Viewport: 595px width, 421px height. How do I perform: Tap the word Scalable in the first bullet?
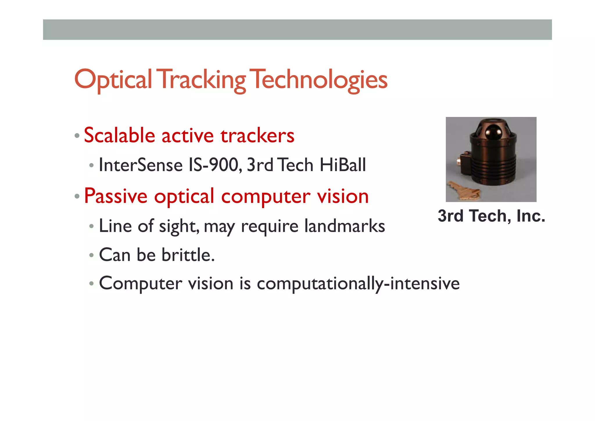coord(119,136)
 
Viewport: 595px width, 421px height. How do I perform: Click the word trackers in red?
coord(257,136)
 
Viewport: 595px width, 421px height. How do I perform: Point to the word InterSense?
coord(141,165)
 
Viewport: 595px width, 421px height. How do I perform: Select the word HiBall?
coord(343,165)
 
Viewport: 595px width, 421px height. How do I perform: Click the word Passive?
coord(116,196)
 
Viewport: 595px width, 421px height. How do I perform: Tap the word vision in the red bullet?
coord(343,196)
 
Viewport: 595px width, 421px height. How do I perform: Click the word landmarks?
coord(345,226)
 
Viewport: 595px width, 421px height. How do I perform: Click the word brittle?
coord(188,255)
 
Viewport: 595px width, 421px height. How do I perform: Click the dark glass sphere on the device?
coord(493,132)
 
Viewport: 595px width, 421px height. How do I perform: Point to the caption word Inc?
coord(531,216)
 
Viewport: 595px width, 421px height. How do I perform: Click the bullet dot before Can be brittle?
coord(92,255)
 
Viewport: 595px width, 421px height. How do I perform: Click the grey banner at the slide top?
coord(297,30)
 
